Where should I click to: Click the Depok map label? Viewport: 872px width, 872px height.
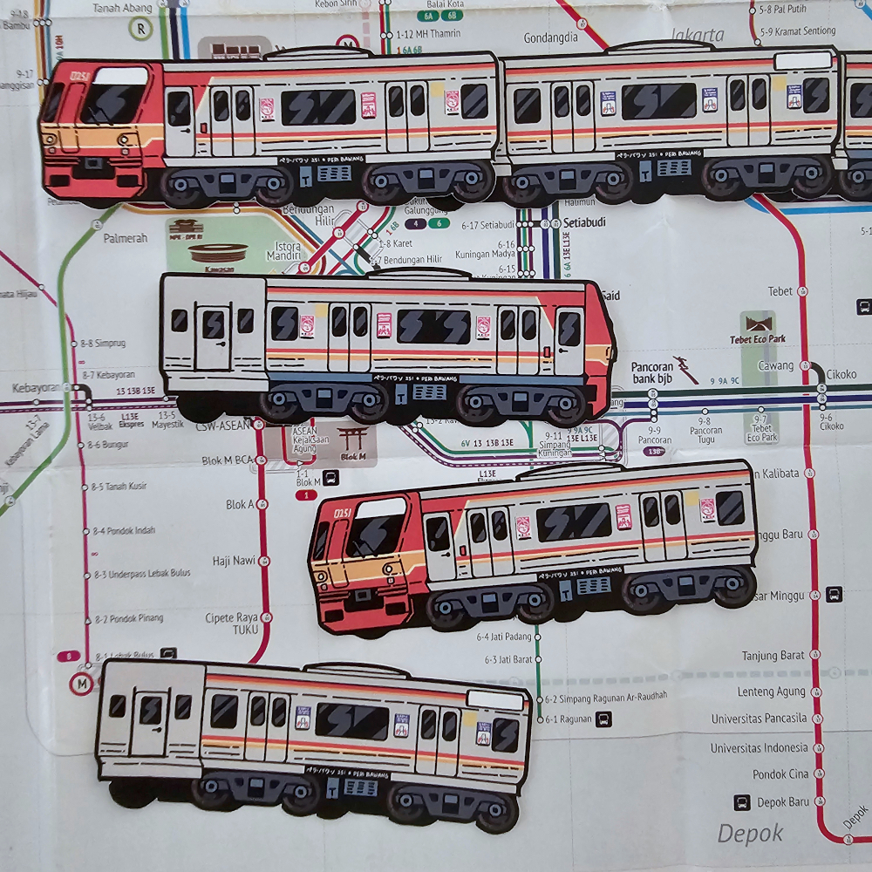pyautogui.click(x=750, y=834)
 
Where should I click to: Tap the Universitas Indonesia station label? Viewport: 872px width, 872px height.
pyautogui.click(x=759, y=748)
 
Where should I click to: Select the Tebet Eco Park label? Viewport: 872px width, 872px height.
pyautogui.click(x=758, y=340)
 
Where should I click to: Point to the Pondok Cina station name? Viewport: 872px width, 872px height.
pyautogui.click(x=780, y=774)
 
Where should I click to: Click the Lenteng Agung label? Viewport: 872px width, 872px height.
pyautogui.click(x=773, y=692)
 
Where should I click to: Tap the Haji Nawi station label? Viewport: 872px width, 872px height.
pyautogui.click(x=233, y=561)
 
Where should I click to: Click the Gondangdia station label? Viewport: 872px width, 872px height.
pyautogui.click(x=551, y=38)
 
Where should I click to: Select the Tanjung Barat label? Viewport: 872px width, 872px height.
pyautogui.click(x=773, y=656)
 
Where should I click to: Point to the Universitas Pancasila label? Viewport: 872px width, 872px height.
pyautogui.click(x=759, y=719)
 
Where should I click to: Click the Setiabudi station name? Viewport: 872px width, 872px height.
pyautogui.click(x=583, y=222)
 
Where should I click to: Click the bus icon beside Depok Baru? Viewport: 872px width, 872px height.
pyautogui.click(x=742, y=802)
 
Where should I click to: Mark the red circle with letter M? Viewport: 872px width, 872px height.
pyautogui.click(x=82, y=684)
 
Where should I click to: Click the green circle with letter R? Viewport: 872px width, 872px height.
pyautogui.click(x=139, y=27)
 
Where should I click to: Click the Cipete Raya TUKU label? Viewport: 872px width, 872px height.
pyautogui.click(x=232, y=623)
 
